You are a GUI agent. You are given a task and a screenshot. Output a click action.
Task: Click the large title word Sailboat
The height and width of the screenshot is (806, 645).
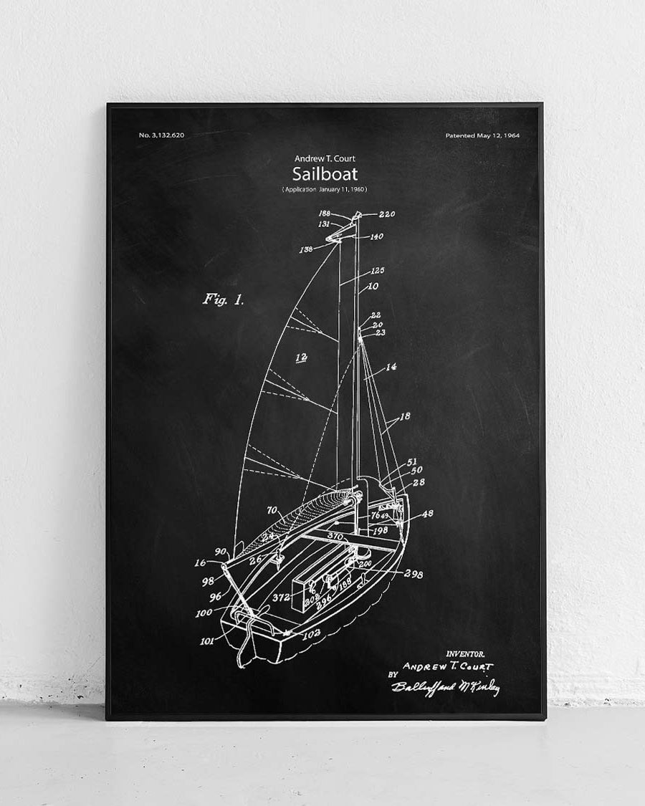(325, 174)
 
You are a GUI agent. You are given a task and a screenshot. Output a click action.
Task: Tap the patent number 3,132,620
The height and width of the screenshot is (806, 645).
(161, 135)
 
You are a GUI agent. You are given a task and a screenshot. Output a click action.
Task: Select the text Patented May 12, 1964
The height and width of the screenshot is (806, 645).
(482, 135)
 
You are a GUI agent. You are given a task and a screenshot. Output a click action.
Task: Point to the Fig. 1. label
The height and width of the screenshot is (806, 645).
(223, 299)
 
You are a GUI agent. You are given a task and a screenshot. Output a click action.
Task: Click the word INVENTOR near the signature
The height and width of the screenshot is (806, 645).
(465, 653)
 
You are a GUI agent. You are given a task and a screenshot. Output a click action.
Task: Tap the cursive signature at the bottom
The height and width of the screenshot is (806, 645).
(445, 688)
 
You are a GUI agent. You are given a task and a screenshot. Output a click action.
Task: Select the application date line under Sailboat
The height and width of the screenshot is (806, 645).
(325, 189)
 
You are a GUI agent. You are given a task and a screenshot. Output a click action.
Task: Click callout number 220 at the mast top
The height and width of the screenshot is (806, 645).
(387, 214)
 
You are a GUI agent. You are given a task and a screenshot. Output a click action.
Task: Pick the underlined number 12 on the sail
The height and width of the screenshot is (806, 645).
(301, 357)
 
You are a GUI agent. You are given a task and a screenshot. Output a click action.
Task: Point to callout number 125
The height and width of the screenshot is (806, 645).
(377, 271)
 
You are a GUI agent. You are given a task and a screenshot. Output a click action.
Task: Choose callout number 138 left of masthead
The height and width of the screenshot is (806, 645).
(306, 249)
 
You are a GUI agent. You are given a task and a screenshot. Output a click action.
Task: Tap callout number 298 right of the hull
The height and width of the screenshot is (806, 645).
(414, 574)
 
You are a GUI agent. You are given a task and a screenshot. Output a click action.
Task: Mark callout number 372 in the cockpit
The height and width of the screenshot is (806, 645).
(281, 596)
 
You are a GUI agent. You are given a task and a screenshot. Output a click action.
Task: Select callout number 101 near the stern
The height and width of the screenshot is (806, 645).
(207, 641)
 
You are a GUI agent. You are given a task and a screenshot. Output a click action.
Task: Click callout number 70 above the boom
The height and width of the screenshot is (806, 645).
(272, 510)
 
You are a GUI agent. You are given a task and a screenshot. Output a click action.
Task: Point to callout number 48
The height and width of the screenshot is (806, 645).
(427, 513)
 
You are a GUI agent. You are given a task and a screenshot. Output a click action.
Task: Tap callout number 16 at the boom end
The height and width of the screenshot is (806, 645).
(200, 563)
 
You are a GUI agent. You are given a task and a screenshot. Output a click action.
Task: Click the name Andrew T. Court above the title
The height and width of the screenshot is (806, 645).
(325, 158)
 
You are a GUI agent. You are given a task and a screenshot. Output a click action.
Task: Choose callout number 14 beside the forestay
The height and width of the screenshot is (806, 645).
(391, 367)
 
